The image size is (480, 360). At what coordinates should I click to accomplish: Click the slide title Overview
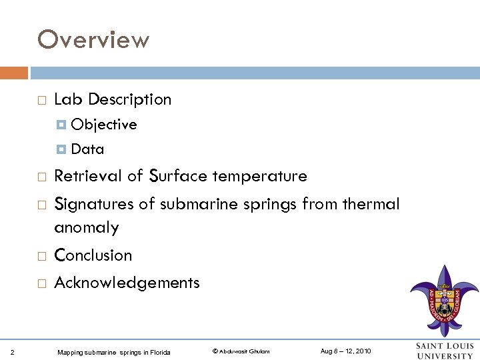(x=93, y=40)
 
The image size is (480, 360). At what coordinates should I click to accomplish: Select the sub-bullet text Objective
(x=104, y=125)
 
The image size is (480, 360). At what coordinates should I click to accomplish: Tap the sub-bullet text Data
(x=87, y=149)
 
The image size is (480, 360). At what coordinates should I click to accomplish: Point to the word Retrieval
(x=89, y=176)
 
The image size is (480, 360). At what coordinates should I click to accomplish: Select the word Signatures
(x=93, y=204)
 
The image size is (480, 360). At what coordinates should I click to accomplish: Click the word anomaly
(x=86, y=228)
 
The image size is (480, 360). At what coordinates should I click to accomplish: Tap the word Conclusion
(x=93, y=255)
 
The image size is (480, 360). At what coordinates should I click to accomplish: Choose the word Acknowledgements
(x=127, y=283)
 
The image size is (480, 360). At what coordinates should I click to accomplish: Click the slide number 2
(x=14, y=351)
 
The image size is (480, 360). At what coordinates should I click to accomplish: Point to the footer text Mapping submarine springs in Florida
(x=114, y=352)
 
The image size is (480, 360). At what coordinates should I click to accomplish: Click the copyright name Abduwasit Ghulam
(x=241, y=351)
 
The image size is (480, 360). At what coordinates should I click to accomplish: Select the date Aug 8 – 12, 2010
(x=345, y=351)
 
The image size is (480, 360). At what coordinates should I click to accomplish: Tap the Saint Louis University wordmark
(x=445, y=351)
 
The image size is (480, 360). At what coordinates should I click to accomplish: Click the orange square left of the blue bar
(x=14, y=73)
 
